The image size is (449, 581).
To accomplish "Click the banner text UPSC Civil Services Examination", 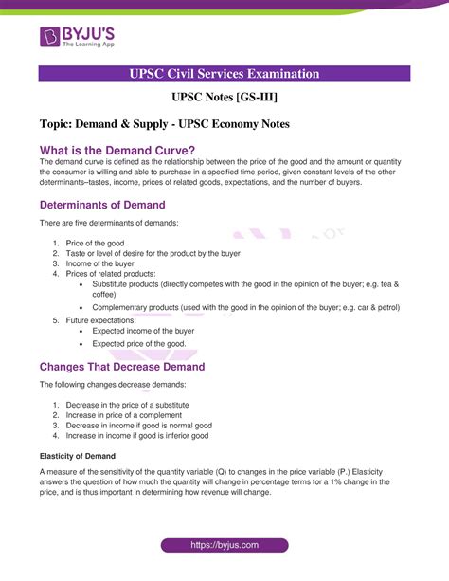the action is (x=224, y=74).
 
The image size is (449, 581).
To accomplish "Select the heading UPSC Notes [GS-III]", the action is (x=224, y=97).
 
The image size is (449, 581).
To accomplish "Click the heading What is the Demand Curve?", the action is (x=117, y=150).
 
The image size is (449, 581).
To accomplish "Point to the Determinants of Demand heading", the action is (x=102, y=205).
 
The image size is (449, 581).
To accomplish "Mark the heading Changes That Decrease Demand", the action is (x=122, y=367).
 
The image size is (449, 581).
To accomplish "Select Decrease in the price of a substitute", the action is (x=127, y=405).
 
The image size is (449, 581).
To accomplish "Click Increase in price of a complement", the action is (x=123, y=415).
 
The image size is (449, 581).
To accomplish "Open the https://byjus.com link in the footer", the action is (x=224, y=545).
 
